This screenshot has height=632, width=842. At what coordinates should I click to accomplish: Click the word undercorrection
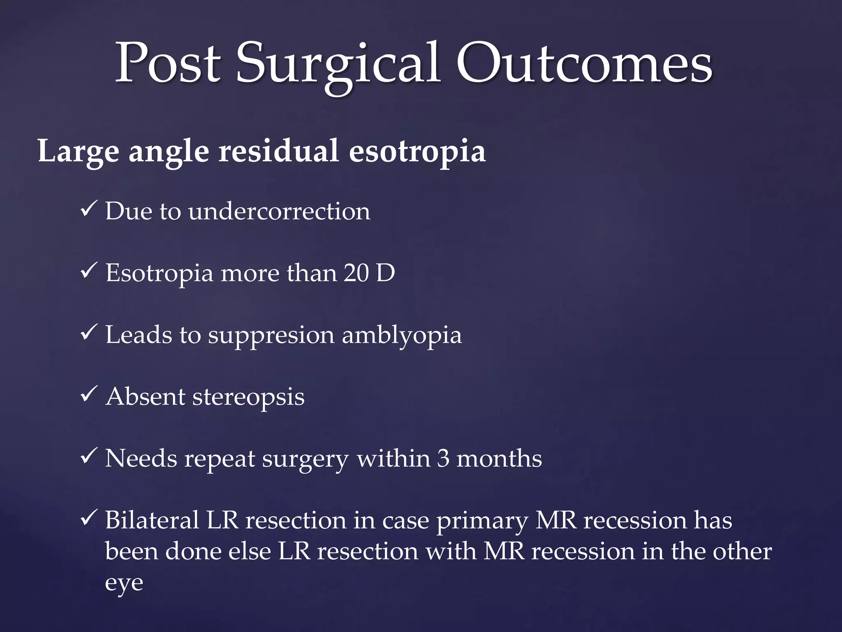[x=279, y=211]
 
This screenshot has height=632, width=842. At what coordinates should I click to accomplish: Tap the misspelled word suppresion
[x=271, y=336]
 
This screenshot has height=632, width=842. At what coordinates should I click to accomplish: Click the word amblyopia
[x=402, y=336]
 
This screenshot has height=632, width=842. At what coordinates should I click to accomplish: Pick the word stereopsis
[x=248, y=397]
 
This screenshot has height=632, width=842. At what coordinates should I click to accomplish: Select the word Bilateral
[x=152, y=520]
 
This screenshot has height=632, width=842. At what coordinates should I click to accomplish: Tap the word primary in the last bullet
[x=482, y=522]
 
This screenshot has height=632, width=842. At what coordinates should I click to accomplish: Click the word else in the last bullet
[x=250, y=551]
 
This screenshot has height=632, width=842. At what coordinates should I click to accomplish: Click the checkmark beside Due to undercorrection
[x=89, y=210]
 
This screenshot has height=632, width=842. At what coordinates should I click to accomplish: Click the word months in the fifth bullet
[x=499, y=458]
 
